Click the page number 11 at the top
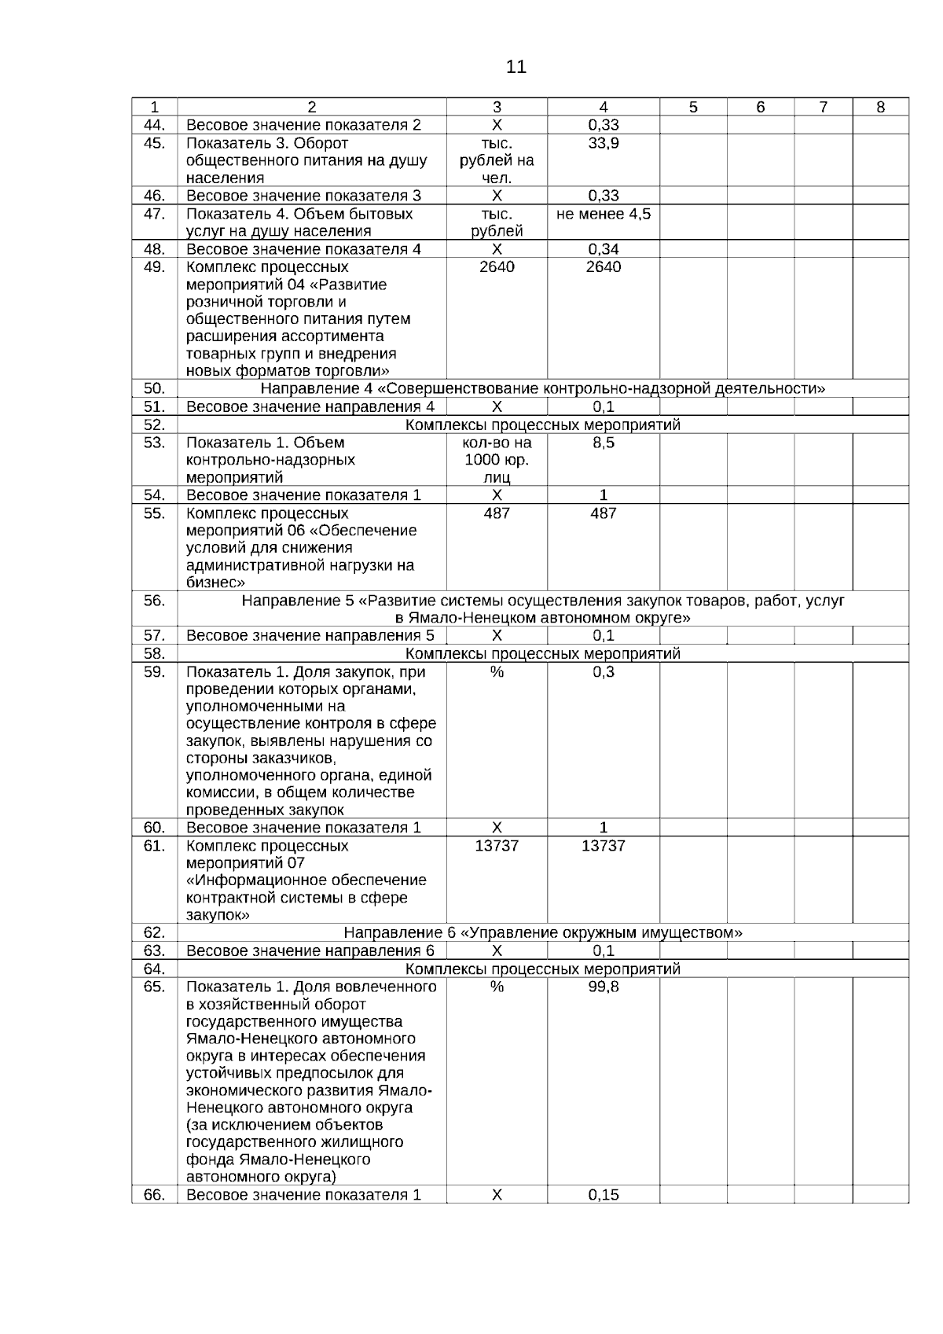coord(516,68)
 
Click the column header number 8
coord(880,108)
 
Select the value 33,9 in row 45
coord(603,143)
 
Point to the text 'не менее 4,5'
coord(603,214)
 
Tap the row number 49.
coord(155,266)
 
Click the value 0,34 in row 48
coord(603,249)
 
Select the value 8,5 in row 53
coord(603,443)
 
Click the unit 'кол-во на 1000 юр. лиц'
coord(497,460)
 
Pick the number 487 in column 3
coord(497,513)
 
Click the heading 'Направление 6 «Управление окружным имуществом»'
coord(542,933)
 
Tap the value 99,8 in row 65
coord(603,987)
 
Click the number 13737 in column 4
coord(603,846)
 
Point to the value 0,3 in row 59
coord(603,672)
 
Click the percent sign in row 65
coord(497,987)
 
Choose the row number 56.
coord(155,601)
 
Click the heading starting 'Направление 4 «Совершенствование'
coord(542,389)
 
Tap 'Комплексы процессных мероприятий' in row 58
coord(542,654)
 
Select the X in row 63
coord(497,951)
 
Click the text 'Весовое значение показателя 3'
coord(303,196)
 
